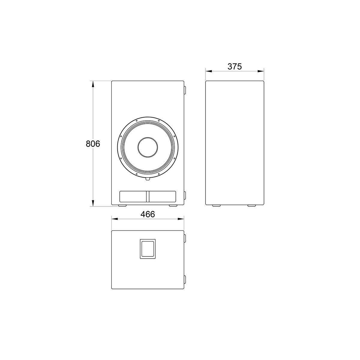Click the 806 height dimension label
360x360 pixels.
coord(93,144)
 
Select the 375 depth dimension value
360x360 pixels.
coord(235,67)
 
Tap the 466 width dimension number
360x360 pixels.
coord(148,214)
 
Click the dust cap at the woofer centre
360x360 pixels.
coord(148,147)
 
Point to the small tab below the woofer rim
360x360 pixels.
coord(148,179)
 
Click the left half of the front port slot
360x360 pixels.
coord(133,196)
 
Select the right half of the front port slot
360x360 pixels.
coord(162,196)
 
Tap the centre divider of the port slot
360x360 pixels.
coord(148,196)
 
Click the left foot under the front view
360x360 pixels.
coord(122,206)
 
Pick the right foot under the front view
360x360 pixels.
coord(173,206)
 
